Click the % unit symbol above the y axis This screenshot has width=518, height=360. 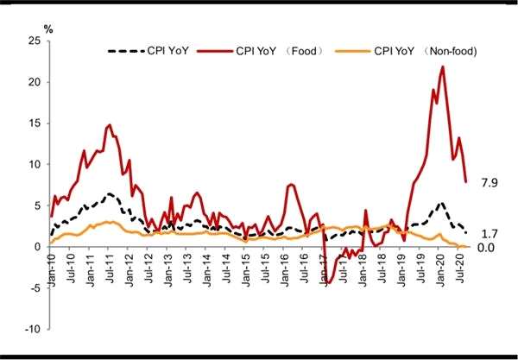tap(48, 30)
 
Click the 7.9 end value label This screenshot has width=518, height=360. tap(490, 182)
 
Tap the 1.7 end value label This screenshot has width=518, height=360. tap(490, 233)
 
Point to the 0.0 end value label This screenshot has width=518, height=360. tap(490, 249)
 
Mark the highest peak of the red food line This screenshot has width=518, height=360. tap(443, 66)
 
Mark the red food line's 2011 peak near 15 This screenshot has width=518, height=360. tap(110, 125)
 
